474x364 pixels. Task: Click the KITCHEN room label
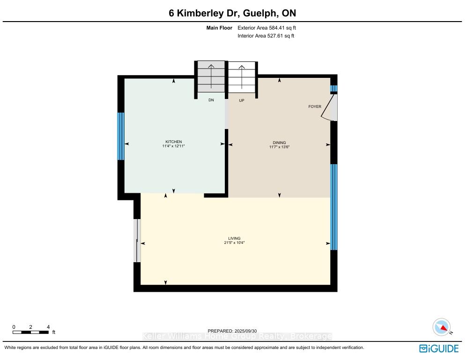click(x=173, y=142)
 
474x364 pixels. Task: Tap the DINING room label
click(x=279, y=143)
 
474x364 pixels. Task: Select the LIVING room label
click(x=234, y=238)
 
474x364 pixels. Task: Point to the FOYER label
click(x=315, y=106)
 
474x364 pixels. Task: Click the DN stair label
click(x=211, y=100)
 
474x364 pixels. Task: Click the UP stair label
click(x=242, y=100)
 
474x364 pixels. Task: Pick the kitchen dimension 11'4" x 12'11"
click(x=173, y=146)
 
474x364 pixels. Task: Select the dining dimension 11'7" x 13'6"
click(x=279, y=147)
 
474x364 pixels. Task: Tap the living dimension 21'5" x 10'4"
click(x=234, y=243)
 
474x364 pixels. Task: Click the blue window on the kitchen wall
click(x=121, y=136)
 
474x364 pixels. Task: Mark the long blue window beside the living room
click(x=334, y=207)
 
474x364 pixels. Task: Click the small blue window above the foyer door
click(x=334, y=89)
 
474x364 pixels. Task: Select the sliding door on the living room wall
click(x=137, y=241)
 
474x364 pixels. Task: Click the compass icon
click(x=442, y=327)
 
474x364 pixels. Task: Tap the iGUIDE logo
click(x=439, y=349)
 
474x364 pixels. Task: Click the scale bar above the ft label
click(x=30, y=332)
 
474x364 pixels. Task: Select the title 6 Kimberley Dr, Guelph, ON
click(x=232, y=13)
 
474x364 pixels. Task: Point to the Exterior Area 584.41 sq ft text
click(x=267, y=28)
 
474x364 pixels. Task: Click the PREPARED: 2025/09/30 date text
click(x=232, y=331)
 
